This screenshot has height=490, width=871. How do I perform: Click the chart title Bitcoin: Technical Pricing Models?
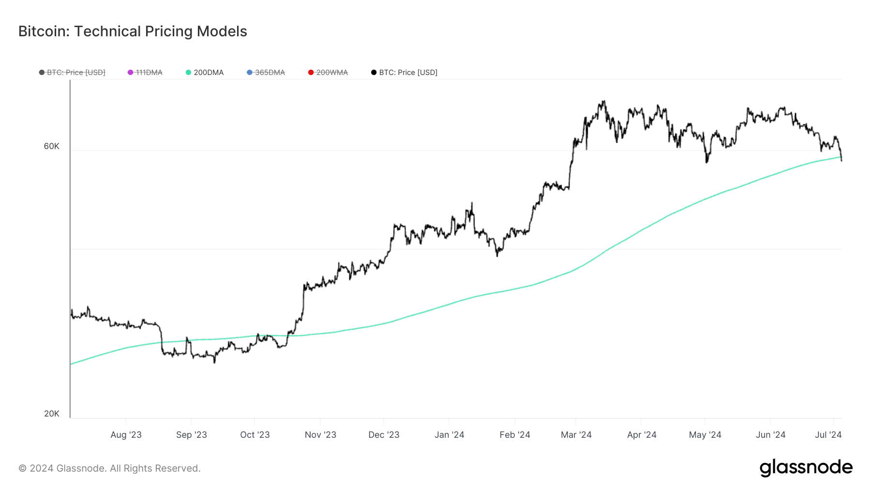(133, 31)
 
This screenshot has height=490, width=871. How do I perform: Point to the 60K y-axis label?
(52, 146)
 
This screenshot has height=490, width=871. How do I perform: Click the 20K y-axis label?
(52, 414)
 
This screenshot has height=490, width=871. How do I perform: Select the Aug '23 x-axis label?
(126, 434)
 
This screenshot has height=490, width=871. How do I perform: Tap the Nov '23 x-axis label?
(320, 434)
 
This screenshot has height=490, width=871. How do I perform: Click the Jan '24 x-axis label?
(449, 434)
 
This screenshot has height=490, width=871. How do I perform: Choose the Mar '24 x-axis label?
(576, 434)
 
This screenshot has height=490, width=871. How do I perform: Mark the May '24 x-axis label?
(705, 434)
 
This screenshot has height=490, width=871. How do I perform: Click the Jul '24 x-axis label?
(828, 434)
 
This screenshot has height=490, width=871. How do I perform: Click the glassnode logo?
(806, 468)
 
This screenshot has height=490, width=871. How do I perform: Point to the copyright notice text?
(109, 468)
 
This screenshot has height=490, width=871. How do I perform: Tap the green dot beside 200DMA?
(188, 73)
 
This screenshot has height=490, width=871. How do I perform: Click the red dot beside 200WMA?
(311, 73)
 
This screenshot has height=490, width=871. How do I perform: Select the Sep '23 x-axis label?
(191, 434)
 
